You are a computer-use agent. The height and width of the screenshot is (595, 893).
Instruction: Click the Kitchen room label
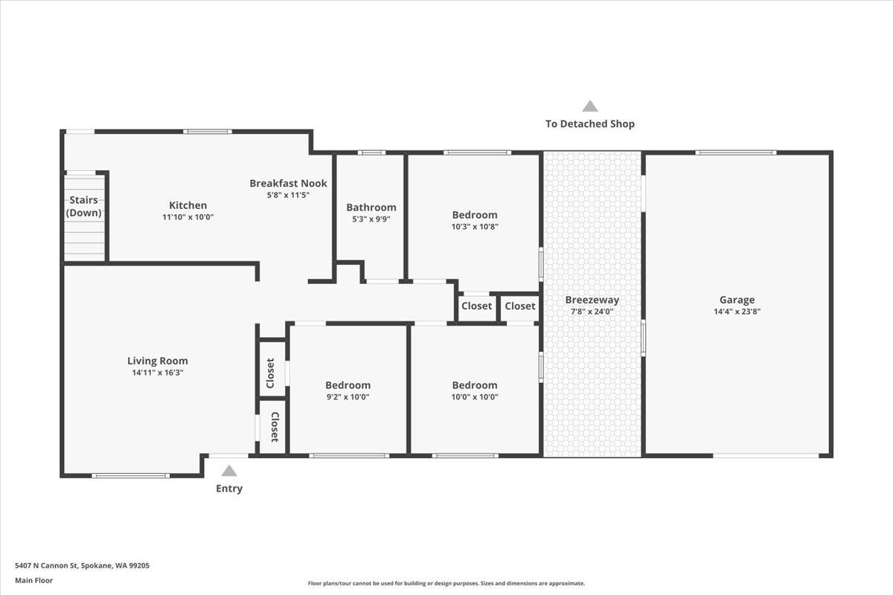click(x=188, y=205)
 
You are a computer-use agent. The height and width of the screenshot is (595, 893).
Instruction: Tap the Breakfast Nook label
click(x=288, y=183)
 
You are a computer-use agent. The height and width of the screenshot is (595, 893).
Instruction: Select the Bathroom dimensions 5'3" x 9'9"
click(x=371, y=219)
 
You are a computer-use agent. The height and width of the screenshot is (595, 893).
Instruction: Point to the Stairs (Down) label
click(x=84, y=206)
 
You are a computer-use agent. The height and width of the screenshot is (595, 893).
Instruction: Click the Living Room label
click(x=157, y=361)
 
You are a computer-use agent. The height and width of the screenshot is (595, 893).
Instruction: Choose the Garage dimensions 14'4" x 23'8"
click(x=737, y=312)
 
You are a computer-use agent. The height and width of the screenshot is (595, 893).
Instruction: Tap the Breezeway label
click(x=592, y=300)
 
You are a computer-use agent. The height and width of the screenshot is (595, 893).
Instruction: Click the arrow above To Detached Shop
click(x=590, y=106)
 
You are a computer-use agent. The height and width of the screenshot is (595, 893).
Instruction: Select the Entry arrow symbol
click(x=229, y=471)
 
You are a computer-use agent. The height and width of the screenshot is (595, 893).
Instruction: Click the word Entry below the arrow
click(x=229, y=489)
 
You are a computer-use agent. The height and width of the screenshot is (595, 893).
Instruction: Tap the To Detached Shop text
click(x=590, y=123)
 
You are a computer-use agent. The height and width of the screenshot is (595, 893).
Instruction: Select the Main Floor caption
click(x=33, y=580)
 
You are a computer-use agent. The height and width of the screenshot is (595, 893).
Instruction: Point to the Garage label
click(x=737, y=300)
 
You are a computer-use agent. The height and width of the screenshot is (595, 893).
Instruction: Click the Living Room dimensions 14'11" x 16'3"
click(x=157, y=373)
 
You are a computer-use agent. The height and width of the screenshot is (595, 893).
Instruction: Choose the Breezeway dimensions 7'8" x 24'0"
click(x=592, y=312)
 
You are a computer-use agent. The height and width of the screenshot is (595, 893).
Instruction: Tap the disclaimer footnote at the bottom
click(x=446, y=583)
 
